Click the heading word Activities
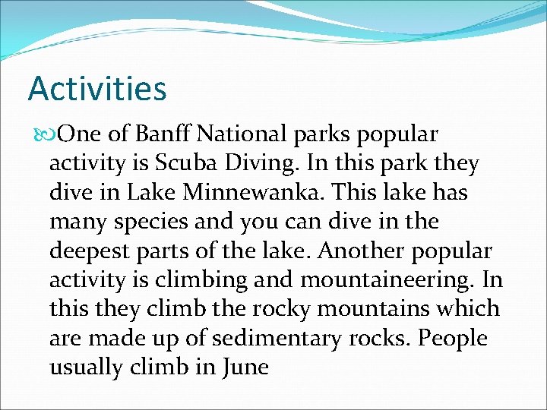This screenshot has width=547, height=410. (x=96, y=88)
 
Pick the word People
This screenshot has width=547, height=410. (x=454, y=338)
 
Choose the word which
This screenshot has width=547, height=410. (x=467, y=309)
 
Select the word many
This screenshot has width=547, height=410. (x=75, y=222)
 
